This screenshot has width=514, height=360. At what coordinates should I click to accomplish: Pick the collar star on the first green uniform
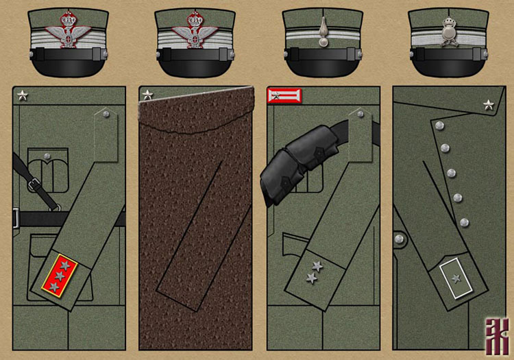click(x=22, y=95)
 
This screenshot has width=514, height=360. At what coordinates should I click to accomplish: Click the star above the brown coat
click(x=148, y=95)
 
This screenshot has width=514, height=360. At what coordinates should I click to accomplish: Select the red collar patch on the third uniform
click(x=283, y=95)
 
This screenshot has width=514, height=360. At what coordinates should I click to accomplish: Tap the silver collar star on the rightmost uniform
click(x=488, y=104)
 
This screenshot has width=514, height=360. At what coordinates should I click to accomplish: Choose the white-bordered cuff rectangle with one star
click(x=456, y=277)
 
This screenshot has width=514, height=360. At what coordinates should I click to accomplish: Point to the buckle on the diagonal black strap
click(x=31, y=183)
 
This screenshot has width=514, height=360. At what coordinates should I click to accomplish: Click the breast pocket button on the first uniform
click(x=46, y=157)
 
